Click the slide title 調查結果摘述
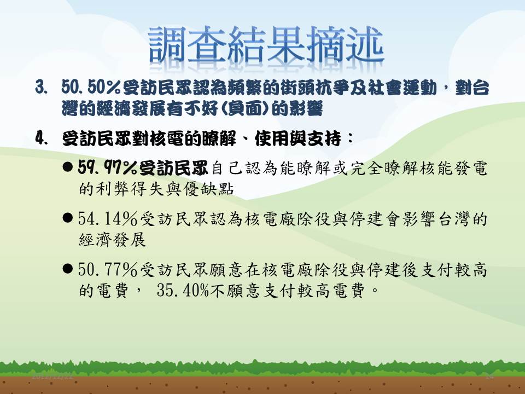[x=266, y=44]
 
